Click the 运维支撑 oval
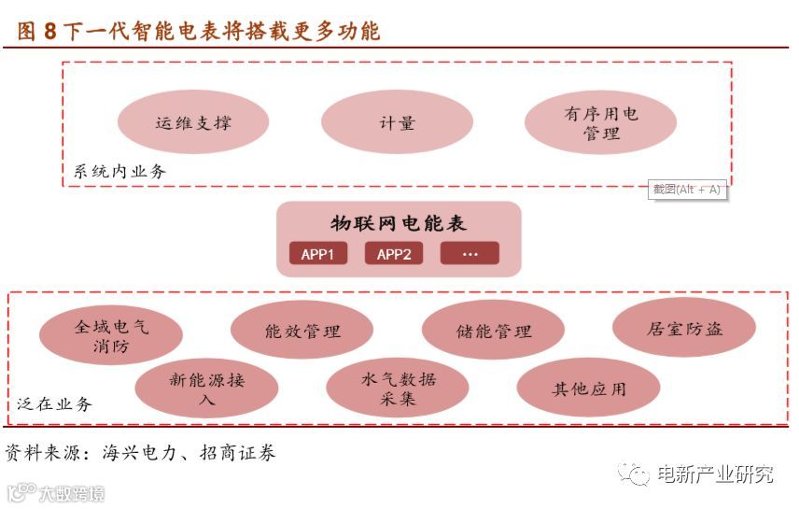pyautogui.click(x=193, y=122)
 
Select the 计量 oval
pyautogui.click(x=396, y=122)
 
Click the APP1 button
pyautogui.click(x=317, y=253)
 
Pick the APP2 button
pyautogui.click(x=393, y=253)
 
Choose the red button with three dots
pyautogui.click(x=470, y=253)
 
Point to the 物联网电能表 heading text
pyautogui.click(x=398, y=223)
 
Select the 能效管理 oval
pyautogui.click(x=301, y=331)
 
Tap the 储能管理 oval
pyautogui.click(x=493, y=331)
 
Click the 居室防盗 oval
pyautogui.click(x=683, y=328)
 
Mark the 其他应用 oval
pyautogui.click(x=588, y=388)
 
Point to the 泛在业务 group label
pyautogui.click(x=55, y=404)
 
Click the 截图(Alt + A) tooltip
pyautogui.click(x=687, y=190)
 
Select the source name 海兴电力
pyautogui.click(x=127, y=453)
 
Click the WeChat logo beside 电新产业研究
pyautogui.click(x=638, y=474)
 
